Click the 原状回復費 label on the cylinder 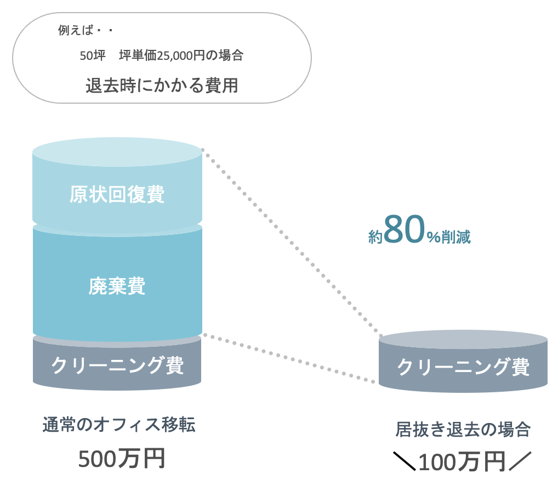tap(117, 195)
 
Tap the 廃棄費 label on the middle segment tap(117, 286)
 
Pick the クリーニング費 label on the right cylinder tap(463, 367)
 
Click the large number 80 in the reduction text tap(404, 230)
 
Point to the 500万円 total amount tap(122, 459)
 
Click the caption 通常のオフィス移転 tap(119, 425)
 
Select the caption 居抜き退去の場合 tap(463, 430)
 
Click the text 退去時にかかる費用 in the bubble tap(162, 86)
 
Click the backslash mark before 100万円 tap(405, 461)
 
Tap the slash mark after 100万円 tap(520, 461)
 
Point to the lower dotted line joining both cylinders tap(291, 357)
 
